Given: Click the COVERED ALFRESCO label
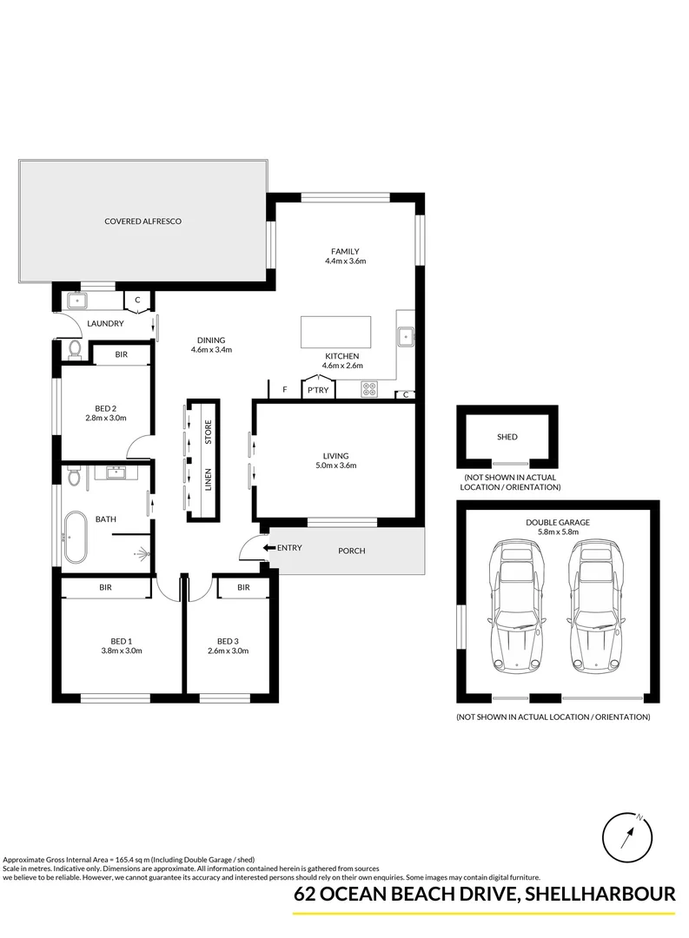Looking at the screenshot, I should pos(142,222).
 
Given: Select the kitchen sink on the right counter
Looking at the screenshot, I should pos(405,336).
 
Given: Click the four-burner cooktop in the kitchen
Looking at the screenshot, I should pos(369,389).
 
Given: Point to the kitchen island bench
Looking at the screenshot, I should pos(335,331).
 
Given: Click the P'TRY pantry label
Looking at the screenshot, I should pos(315,392).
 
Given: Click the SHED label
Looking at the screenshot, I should pos(507,437).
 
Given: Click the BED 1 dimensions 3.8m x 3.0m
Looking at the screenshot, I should pos(121,651).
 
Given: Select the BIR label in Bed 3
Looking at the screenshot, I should pos(243,588).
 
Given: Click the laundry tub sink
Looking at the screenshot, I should pos(76,301).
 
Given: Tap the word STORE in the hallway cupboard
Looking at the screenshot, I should pos(209,433).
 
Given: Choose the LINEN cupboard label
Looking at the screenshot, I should pos(209,480).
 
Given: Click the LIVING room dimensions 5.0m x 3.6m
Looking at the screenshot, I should pos(335,466).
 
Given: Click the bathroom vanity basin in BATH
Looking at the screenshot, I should pos(115,474).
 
